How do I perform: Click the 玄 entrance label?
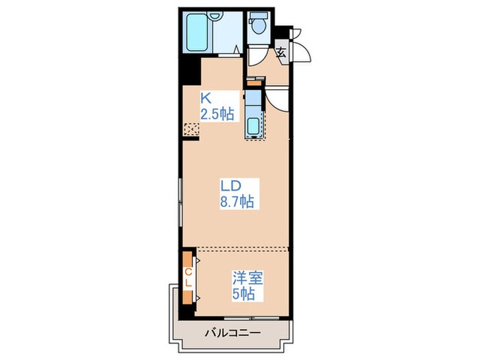(281, 51)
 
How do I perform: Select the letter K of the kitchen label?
(205, 98)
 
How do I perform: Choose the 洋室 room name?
(247, 278)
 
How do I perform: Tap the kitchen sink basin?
(252, 127)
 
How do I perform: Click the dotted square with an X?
(191, 128)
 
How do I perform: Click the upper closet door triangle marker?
(197, 260)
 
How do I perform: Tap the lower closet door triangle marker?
(197, 296)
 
